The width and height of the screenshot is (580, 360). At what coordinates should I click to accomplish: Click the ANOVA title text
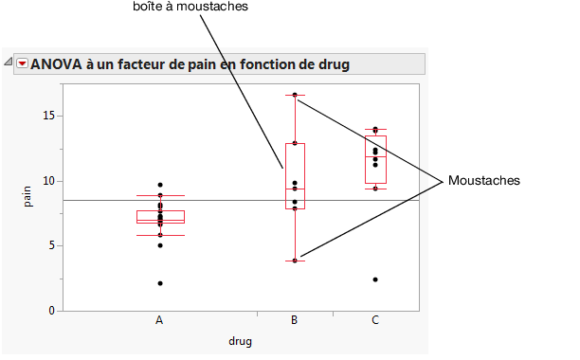click(x=190, y=64)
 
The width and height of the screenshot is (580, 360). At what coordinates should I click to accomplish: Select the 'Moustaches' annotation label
click(x=484, y=180)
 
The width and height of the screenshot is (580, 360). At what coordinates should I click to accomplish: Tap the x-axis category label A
click(x=159, y=320)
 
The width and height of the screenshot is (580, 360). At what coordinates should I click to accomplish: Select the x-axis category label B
click(x=295, y=320)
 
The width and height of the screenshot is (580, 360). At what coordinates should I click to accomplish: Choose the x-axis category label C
click(x=375, y=320)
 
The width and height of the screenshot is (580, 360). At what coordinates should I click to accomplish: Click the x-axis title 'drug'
click(x=240, y=341)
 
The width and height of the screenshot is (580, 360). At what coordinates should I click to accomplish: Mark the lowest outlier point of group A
click(x=159, y=283)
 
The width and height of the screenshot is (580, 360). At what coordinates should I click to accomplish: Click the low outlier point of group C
click(x=375, y=279)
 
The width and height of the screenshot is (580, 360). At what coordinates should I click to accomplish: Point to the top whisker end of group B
click(x=295, y=95)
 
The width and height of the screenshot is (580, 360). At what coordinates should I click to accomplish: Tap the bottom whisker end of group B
click(x=295, y=261)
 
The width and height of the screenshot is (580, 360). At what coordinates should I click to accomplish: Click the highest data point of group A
click(x=159, y=185)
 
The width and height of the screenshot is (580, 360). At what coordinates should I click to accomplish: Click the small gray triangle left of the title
click(x=9, y=63)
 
